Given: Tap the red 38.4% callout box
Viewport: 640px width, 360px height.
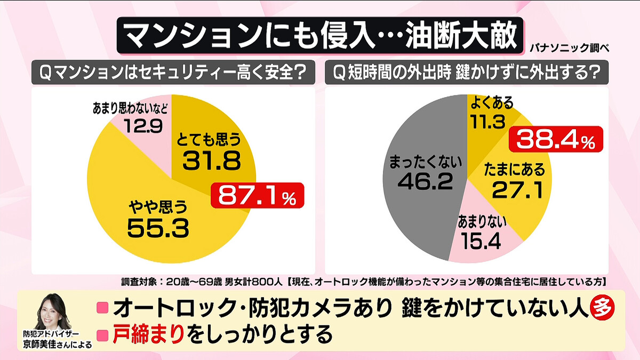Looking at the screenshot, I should click(x=556, y=140).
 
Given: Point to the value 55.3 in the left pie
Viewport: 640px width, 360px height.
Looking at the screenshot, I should click(x=158, y=227).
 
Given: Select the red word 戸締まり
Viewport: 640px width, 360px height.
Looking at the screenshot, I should click(x=148, y=334).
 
